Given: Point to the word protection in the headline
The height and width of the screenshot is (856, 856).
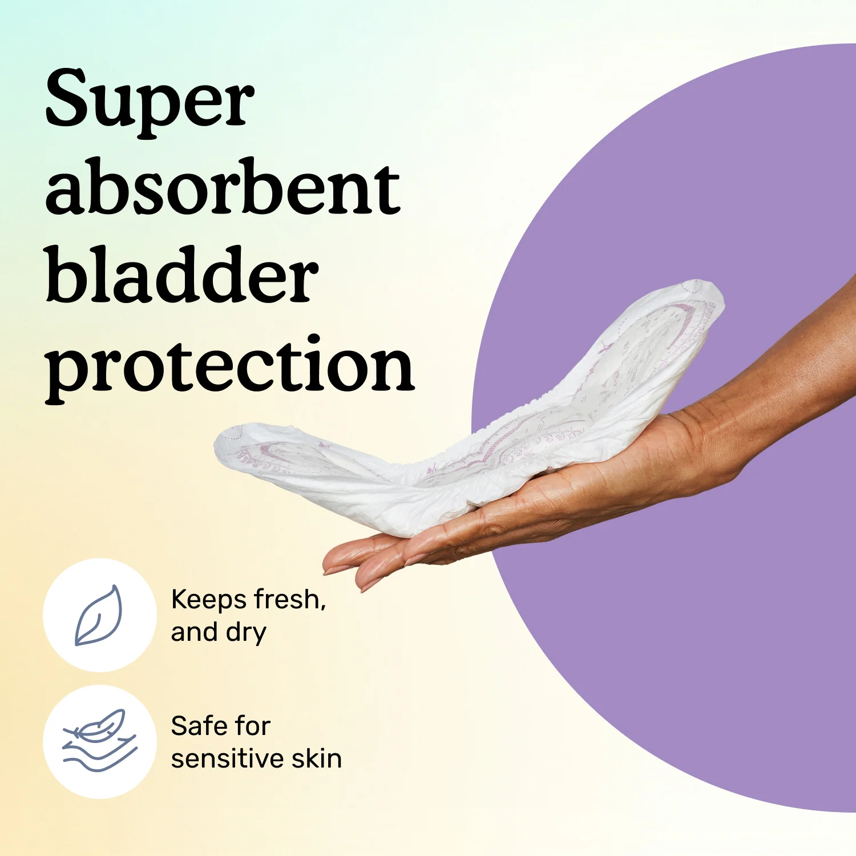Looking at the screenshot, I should (x=229, y=365).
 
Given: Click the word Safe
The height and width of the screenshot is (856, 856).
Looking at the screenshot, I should (x=197, y=726).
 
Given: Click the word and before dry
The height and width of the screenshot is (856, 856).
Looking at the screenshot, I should (x=194, y=632).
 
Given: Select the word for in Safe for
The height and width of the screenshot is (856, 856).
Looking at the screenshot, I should (x=252, y=726).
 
